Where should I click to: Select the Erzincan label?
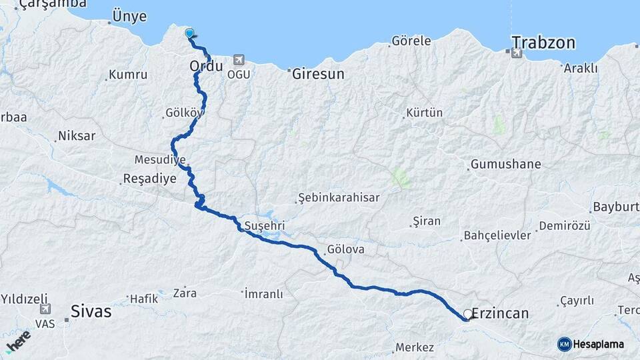[x=500, y=313]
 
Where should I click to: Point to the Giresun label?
[x=318, y=74]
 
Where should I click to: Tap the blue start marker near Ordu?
[x=189, y=33]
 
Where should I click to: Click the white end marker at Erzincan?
[x=467, y=313]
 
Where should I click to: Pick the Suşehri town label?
[x=265, y=225]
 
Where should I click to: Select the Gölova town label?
[x=345, y=250]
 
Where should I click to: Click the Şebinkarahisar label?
[x=339, y=198]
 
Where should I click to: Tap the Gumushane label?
[x=505, y=164]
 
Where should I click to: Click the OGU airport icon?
[x=239, y=61]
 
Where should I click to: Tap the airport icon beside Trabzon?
[x=517, y=53]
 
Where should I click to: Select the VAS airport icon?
[x=45, y=309]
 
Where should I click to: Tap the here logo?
[x=18, y=341]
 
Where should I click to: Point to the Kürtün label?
[x=424, y=113]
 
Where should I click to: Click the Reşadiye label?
[x=149, y=179]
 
